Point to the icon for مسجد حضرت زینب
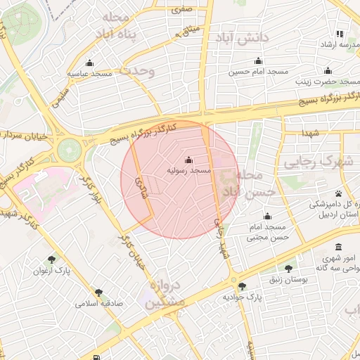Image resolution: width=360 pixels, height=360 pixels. click(327, 70)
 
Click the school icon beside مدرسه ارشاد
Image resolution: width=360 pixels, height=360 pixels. click(340, 34)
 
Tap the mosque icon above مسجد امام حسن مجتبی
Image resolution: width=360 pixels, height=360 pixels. click(267, 217)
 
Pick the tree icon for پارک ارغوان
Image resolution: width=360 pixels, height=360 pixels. click(51, 259)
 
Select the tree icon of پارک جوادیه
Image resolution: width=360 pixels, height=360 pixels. click(243, 286)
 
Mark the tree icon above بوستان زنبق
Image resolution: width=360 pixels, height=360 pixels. click(288, 269)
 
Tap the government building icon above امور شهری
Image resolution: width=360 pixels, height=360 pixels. click(339, 247)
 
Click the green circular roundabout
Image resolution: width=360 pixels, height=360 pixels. click(70, 149)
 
